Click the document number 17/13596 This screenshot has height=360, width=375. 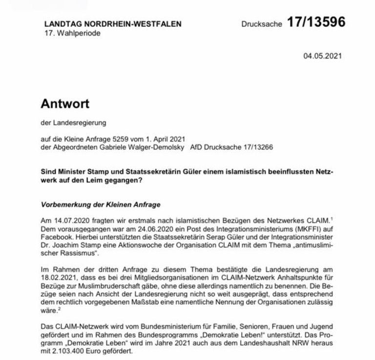316,22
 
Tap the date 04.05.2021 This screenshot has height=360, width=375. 322,56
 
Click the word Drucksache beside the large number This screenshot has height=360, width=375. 262,24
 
